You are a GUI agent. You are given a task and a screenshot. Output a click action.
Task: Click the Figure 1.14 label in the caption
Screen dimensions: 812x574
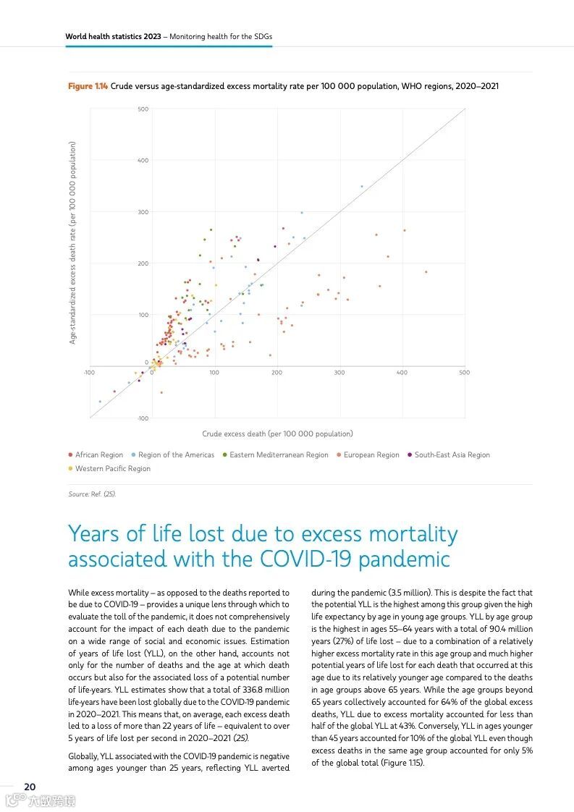(x=88, y=87)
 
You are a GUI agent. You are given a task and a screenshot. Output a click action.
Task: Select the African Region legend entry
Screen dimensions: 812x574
(x=99, y=455)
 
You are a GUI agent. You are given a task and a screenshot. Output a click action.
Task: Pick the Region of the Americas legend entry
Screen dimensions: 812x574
(x=176, y=455)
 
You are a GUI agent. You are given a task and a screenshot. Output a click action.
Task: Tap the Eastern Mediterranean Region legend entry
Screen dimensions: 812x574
(x=279, y=455)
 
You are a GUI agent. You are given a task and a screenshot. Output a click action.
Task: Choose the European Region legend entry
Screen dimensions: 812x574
(x=371, y=455)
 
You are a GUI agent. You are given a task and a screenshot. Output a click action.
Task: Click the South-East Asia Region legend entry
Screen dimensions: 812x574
(x=452, y=455)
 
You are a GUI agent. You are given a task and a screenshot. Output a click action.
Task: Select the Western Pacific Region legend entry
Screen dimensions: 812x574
(x=112, y=469)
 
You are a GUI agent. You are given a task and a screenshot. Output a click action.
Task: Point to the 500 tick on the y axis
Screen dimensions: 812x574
(x=143, y=109)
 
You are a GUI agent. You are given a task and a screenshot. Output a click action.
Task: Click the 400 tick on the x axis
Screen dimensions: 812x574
(x=402, y=373)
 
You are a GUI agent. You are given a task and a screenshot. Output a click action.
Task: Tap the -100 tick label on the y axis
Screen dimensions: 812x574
(x=143, y=418)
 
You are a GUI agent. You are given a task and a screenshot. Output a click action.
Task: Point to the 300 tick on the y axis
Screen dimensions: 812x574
(x=143, y=212)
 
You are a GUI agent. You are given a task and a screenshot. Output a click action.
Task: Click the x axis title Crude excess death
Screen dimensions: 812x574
(x=277, y=434)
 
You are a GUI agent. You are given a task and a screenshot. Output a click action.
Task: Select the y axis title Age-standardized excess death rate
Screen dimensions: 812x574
(x=72, y=242)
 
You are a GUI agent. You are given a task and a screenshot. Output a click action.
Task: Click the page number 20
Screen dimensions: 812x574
(x=30, y=787)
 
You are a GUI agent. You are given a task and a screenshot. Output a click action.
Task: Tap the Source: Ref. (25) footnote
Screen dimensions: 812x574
(x=92, y=494)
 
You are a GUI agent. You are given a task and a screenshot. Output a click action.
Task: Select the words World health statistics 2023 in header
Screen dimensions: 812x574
(x=113, y=36)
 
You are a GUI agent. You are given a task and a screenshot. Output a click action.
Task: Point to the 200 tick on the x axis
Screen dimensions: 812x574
(x=277, y=373)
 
